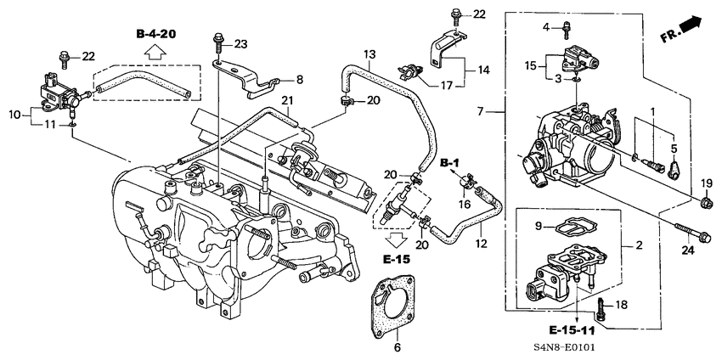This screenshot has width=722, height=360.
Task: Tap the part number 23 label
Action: pyautogui.click(x=240, y=43)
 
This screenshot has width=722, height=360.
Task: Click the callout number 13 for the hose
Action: pyautogui.click(x=369, y=54)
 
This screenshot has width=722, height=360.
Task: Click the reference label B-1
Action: pyautogui.click(x=449, y=161)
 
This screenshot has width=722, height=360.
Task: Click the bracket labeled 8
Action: pyautogui.click(x=255, y=81)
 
